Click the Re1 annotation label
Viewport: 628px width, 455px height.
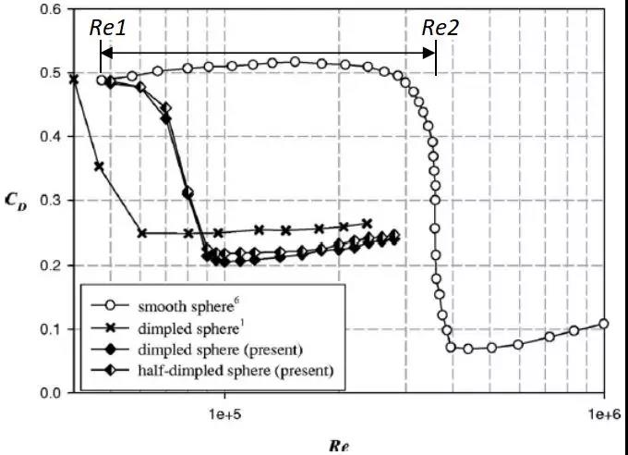point(107,27)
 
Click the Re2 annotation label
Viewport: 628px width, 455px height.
point(440,27)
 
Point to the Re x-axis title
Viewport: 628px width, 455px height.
point(338,445)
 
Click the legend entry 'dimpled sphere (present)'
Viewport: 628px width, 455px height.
point(217,350)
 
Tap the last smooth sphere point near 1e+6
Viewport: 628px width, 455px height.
point(604,324)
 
